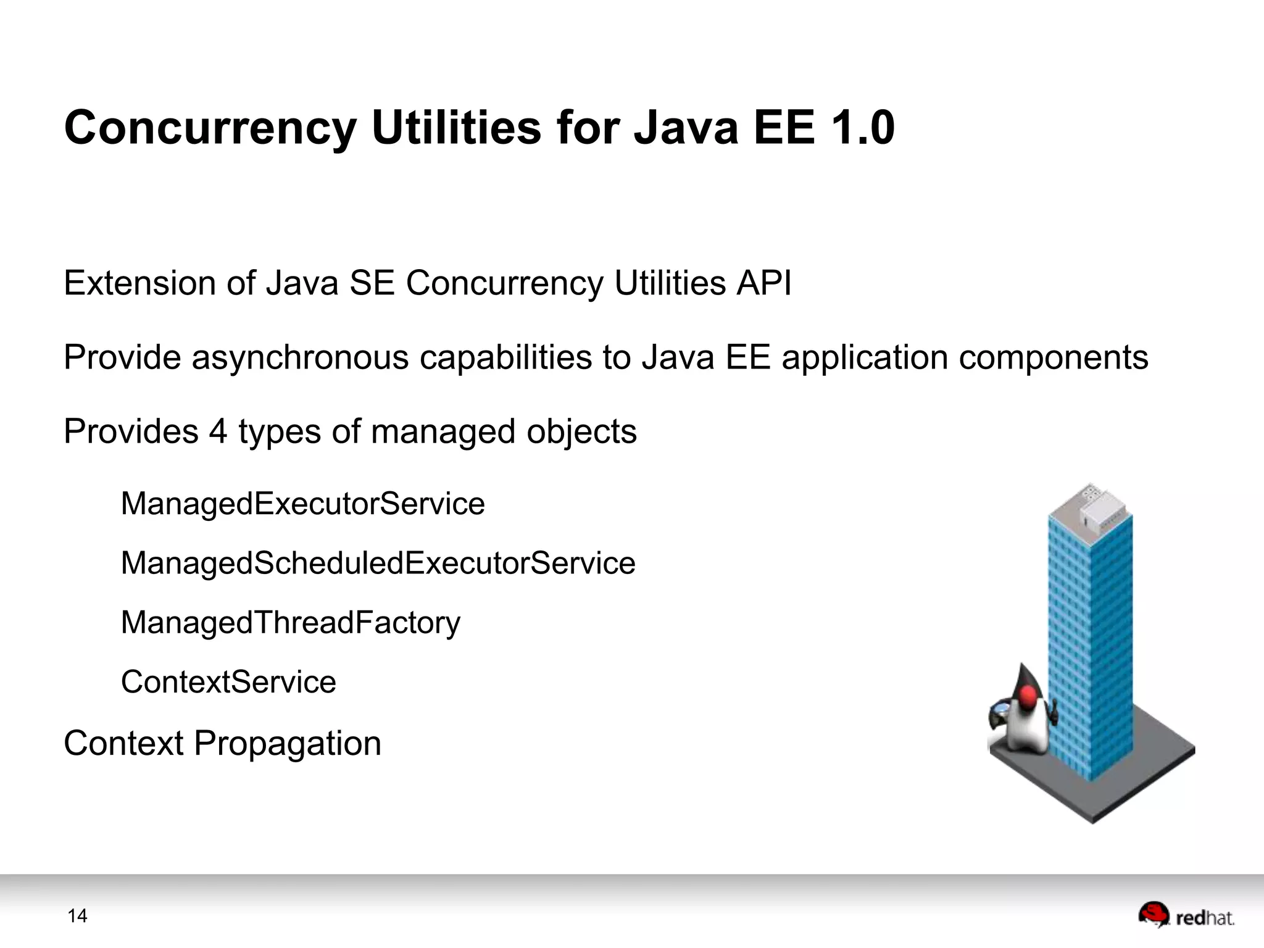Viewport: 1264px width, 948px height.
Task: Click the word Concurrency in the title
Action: (x=210, y=128)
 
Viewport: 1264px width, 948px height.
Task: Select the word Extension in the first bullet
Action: (x=139, y=283)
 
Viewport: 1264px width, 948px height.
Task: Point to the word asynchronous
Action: (x=300, y=358)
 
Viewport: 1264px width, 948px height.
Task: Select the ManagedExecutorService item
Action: (x=302, y=504)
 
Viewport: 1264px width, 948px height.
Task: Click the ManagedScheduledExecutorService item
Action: (x=378, y=563)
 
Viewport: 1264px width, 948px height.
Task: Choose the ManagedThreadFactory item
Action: (x=290, y=622)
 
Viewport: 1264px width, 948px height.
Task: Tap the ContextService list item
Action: (x=228, y=682)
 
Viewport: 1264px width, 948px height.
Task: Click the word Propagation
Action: (x=288, y=744)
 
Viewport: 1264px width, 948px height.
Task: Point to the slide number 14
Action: (x=77, y=916)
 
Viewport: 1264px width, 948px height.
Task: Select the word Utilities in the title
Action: (x=457, y=128)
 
